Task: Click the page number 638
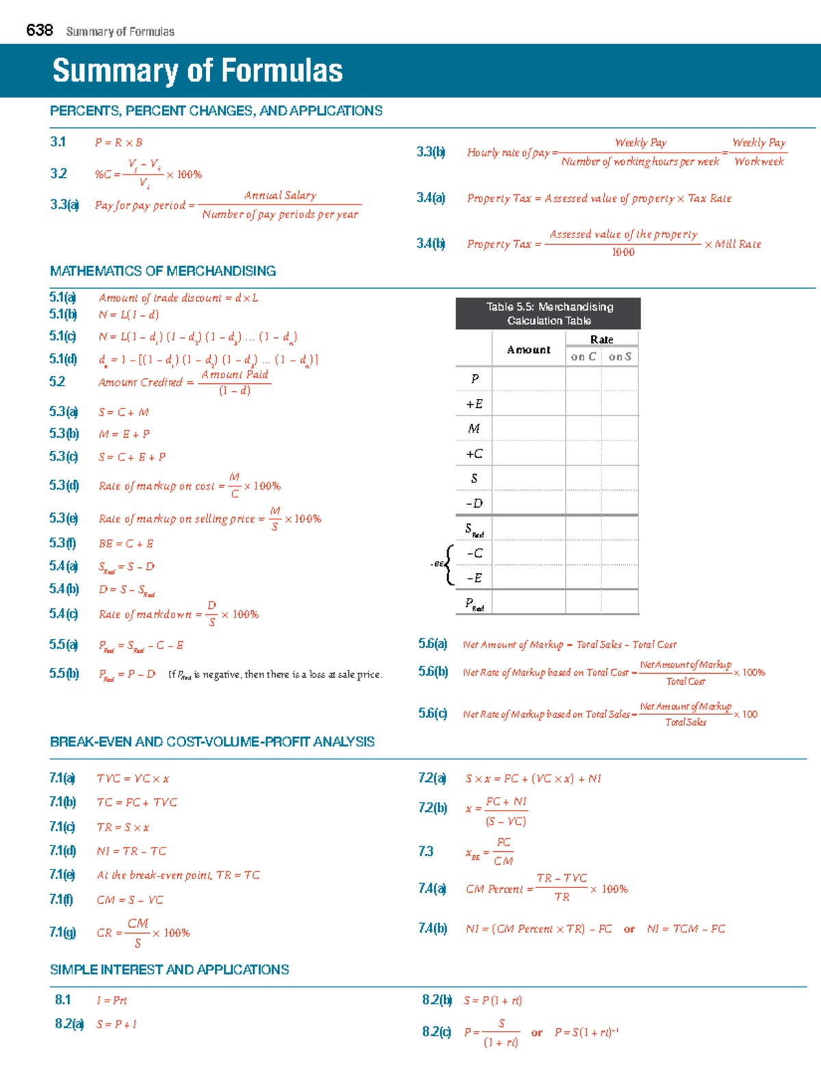pos(39,30)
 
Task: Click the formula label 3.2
pos(58,174)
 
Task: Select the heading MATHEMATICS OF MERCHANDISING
pos(163,271)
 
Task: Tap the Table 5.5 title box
pos(548,313)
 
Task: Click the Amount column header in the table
pos(528,350)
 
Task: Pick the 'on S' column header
pos(620,356)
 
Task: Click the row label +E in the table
pos(474,404)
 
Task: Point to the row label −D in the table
pos(474,504)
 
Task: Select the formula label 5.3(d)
pos(64,486)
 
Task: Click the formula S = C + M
pos(123,413)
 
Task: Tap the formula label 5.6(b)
pos(433,672)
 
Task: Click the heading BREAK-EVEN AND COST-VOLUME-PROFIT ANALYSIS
pos(212,742)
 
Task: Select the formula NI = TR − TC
pos(131,851)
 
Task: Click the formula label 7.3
pos(426,852)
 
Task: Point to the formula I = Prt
pos(112,1000)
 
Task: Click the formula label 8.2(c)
pos(436,1032)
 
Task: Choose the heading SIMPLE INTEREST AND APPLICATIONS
pos(170,970)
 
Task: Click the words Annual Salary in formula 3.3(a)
pos(280,196)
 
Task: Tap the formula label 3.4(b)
pos(431,244)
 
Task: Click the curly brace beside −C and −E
pos(449,565)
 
